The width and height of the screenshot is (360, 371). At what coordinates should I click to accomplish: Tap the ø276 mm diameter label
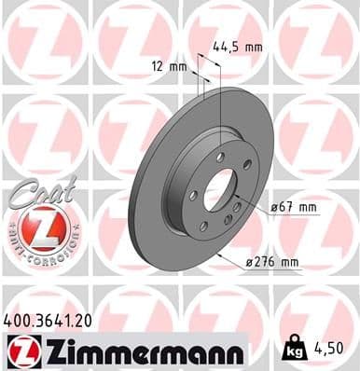point(298,263)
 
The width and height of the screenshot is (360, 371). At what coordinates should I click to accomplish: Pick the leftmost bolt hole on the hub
point(190,195)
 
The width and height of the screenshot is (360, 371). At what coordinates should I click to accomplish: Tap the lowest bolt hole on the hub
point(204,226)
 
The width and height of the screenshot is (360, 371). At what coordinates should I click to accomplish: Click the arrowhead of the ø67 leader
point(240,208)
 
